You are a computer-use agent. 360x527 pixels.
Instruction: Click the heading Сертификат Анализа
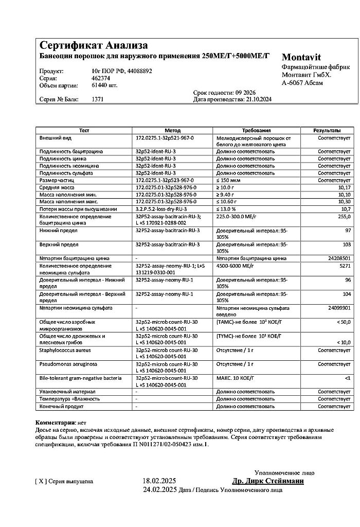pyautogui.click(x=94, y=45)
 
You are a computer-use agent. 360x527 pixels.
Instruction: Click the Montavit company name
pyautogui.click(x=301, y=58)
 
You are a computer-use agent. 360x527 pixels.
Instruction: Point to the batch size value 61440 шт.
pyautogui.click(x=104, y=85)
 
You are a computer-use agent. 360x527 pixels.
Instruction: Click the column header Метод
pyautogui.click(x=172, y=131)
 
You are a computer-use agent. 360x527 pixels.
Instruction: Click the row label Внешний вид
pyautogui.click(x=53, y=138)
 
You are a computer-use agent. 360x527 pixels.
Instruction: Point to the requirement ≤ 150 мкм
pyautogui.click(x=230, y=180)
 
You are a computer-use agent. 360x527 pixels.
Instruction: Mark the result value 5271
pyautogui.click(x=345, y=266)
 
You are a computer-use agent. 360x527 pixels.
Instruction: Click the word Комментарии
pyautogui.click(x=55, y=422)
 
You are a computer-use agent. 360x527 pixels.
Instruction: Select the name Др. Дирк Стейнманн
pyautogui.click(x=267, y=481)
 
